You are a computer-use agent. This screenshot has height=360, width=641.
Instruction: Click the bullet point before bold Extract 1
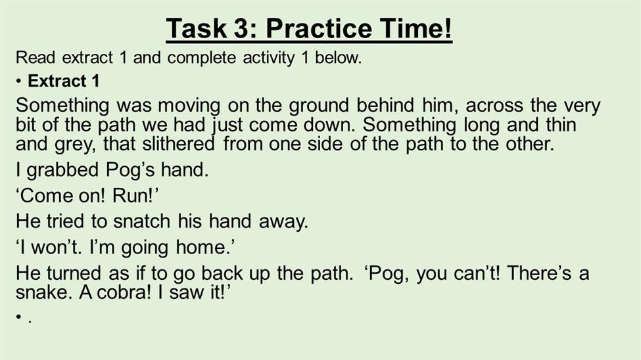tap(19, 81)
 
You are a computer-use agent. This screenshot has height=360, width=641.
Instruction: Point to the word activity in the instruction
tap(269, 58)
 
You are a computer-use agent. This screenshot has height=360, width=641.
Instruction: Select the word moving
tap(189, 106)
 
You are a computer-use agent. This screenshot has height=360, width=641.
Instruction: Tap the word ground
tap(318, 106)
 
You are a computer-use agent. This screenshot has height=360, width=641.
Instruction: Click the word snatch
tap(141, 221)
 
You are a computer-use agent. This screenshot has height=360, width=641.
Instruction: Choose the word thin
tap(561, 125)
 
